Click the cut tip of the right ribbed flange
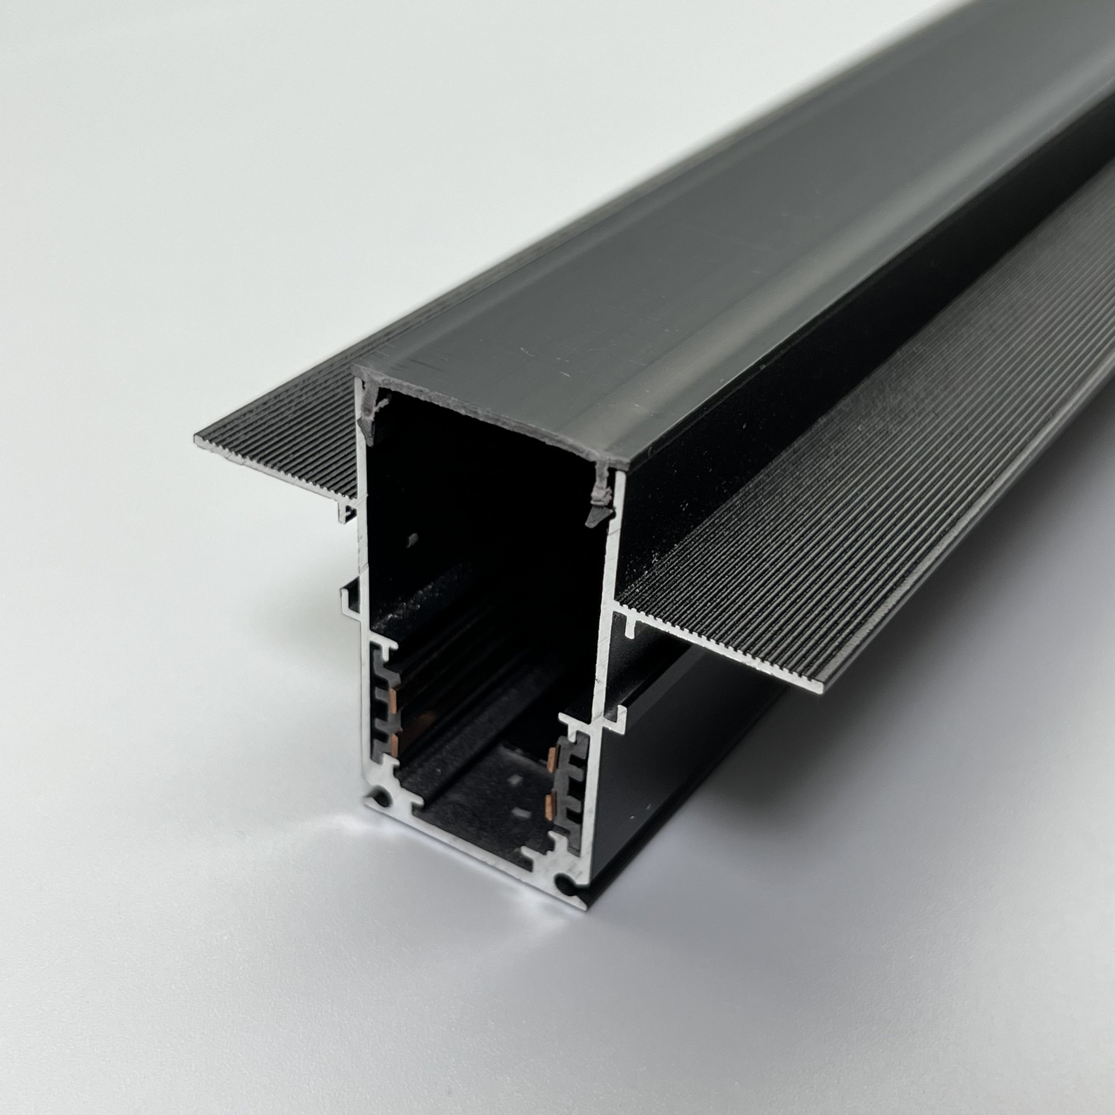click(821, 688)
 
